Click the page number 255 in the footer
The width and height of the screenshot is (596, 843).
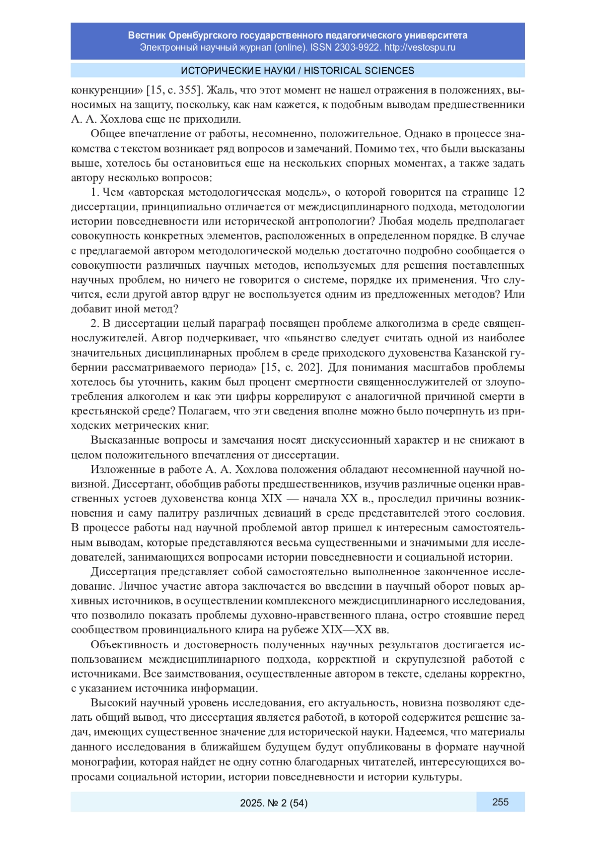(x=500, y=802)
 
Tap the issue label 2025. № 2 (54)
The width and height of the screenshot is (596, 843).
(x=274, y=803)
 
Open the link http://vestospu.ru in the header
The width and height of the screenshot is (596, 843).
(x=419, y=48)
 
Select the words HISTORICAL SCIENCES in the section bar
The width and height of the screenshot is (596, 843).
(x=359, y=71)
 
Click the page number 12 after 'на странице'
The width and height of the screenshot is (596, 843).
(x=519, y=192)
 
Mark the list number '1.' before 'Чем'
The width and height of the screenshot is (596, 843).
(x=95, y=192)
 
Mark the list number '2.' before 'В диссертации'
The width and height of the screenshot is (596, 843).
(x=95, y=323)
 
